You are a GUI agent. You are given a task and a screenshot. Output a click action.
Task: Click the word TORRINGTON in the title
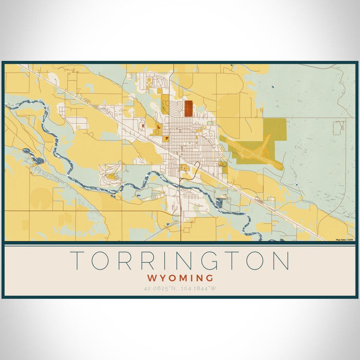pos(179,261)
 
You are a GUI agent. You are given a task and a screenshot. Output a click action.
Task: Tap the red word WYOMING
pos(179,278)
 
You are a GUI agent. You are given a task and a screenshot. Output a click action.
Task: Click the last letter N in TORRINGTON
pos(281,261)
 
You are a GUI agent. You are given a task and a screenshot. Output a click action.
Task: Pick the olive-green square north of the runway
pos(275,128)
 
